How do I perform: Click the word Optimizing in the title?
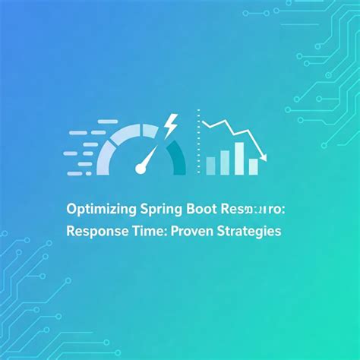[x=97, y=207]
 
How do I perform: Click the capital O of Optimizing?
[x=71, y=207]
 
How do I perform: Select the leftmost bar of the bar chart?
[x=210, y=166]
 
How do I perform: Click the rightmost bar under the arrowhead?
[x=254, y=165]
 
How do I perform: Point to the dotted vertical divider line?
[x=198, y=144]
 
